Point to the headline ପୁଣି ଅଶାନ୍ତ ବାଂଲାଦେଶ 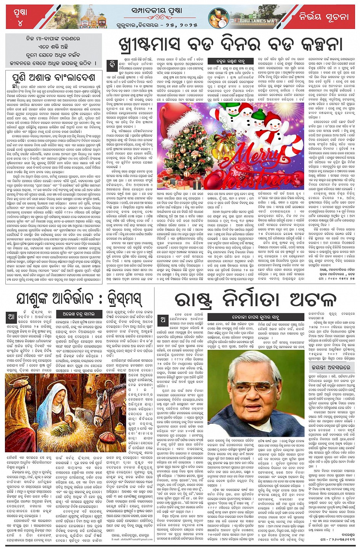tap(54, 77)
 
